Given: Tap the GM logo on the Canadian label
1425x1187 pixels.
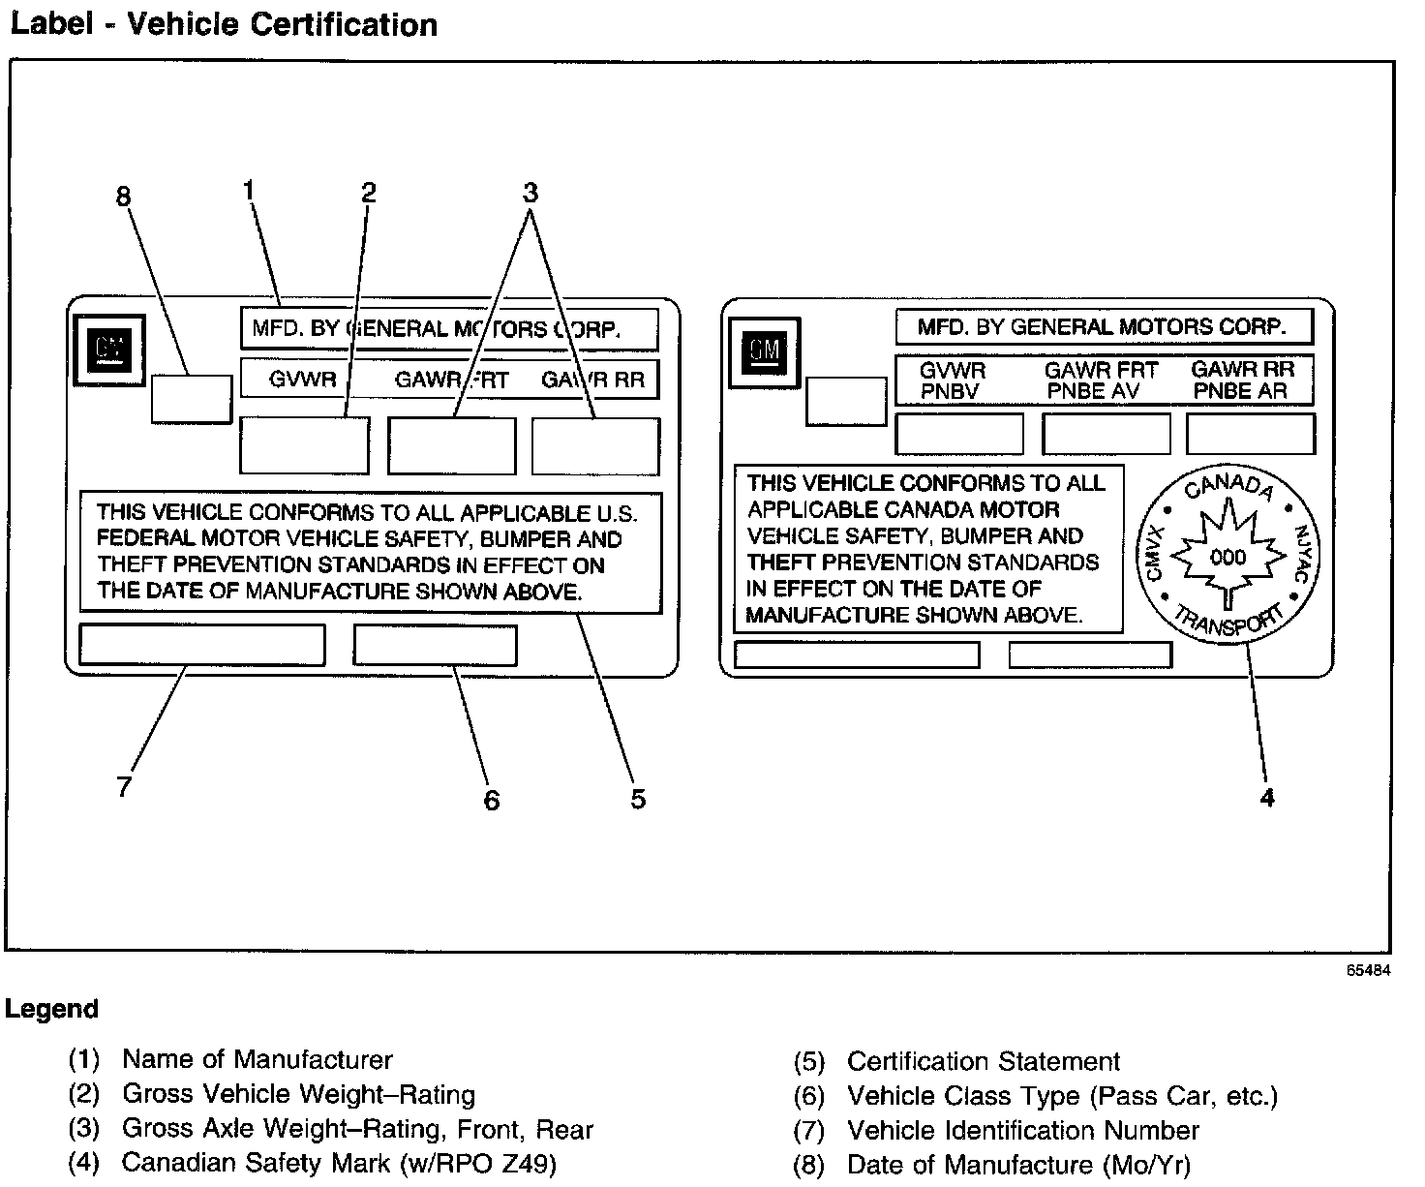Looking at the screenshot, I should click(x=765, y=350).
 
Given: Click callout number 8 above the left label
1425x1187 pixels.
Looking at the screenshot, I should click(x=123, y=198).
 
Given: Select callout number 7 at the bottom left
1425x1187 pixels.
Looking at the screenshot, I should click(x=123, y=786).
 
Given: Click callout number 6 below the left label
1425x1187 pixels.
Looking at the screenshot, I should click(x=492, y=800).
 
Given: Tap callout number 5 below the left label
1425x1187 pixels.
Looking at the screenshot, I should click(x=638, y=799).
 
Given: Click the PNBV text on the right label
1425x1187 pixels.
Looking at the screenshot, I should click(x=950, y=391).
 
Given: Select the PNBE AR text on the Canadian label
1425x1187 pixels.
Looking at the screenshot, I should click(x=1240, y=391).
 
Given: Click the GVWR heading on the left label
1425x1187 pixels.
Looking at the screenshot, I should click(x=303, y=380).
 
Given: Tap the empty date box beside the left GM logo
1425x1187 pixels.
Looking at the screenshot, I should click(x=192, y=398).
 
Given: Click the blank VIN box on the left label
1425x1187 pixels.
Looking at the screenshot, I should click(x=201, y=645).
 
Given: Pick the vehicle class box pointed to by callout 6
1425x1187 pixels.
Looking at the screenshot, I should click(x=435, y=645).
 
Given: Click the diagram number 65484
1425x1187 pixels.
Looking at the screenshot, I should click(x=1368, y=970).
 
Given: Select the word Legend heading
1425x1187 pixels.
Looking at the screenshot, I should click(x=51, y=1009).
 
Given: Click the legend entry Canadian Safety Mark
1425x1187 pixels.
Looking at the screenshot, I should click(x=339, y=1163).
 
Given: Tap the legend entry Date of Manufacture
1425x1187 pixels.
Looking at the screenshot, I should click(x=1018, y=1165).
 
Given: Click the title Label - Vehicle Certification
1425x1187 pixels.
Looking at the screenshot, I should click(x=224, y=24).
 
